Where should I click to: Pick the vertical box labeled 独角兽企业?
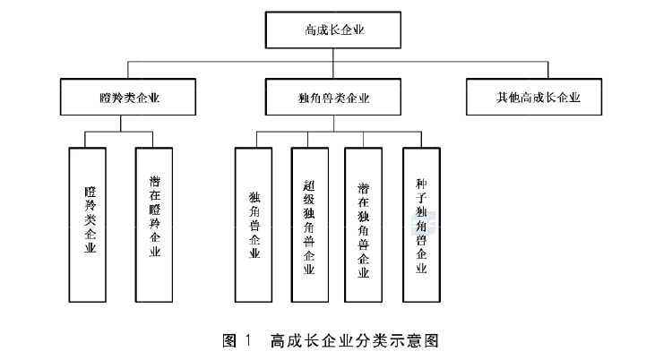254,224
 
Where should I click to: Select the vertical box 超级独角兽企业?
310,224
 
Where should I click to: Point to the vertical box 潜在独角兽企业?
364,224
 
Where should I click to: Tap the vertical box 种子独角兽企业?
421,224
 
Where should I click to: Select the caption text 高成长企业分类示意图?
359,340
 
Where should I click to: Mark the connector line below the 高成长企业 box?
333,56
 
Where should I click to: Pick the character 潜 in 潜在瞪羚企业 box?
155,183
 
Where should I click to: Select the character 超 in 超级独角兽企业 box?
310,184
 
